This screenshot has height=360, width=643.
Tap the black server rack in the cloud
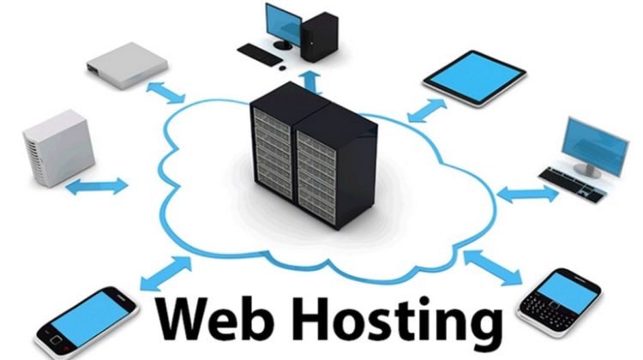pyautogui.click(x=313, y=155)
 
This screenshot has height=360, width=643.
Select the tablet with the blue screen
pyautogui.click(x=474, y=78)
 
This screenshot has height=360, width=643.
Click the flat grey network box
pyautogui.click(x=127, y=65)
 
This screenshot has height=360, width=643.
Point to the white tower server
pyautogui.click(x=58, y=148)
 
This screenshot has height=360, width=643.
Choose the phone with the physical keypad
pyautogui.click(x=559, y=302)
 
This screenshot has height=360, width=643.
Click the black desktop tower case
pyautogui.click(x=319, y=37)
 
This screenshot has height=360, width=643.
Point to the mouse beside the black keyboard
pyautogui.click(x=282, y=68)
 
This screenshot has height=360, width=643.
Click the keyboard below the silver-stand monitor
pyautogui.click(x=573, y=184)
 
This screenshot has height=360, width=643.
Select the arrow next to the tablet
pyautogui.click(x=427, y=111)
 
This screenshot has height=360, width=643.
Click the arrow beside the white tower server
pyautogui.click(x=97, y=186)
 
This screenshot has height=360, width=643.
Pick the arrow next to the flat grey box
pyautogui.click(x=165, y=93)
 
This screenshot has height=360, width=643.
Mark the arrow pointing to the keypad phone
pyautogui.click(x=492, y=267)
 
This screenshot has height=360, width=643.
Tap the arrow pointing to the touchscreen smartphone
pyautogui.click(x=166, y=273)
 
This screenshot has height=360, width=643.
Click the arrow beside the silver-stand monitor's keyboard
pyautogui.click(x=527, y=194)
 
